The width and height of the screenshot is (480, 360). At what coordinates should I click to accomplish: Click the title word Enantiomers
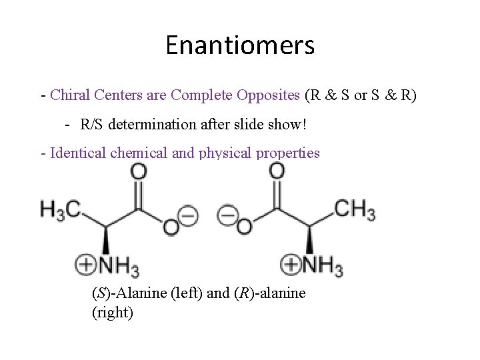tap(240, 46)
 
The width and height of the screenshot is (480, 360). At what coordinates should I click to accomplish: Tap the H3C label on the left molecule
tap(60, 209)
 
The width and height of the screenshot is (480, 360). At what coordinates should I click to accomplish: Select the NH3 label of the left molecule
tap(119, 265)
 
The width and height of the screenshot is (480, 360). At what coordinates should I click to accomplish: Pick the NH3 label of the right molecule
tap(323, 265)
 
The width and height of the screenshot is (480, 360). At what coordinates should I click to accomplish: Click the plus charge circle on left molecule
tap(87, 265)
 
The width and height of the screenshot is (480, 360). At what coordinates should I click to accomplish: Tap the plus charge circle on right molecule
tap(291, 265)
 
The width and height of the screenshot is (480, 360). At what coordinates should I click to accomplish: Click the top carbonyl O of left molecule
tap(139, 172)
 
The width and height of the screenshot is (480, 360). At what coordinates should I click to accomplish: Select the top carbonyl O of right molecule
tap(277, 172)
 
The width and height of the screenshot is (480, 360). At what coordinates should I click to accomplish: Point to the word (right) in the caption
tap(112, 311)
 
